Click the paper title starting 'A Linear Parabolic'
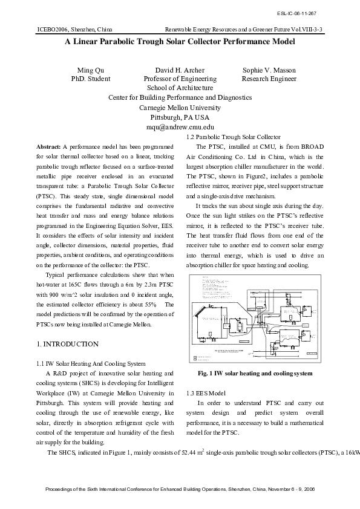[x=180, y=42]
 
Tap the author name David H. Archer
[x=180, y=70]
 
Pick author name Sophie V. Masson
[x=269, y=70]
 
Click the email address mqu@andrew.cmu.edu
[x=180, y=128]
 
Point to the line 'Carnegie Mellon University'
[x=180, y=108]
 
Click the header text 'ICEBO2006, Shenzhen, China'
[x=74, y=28]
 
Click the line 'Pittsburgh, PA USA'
[x=180, y=117]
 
